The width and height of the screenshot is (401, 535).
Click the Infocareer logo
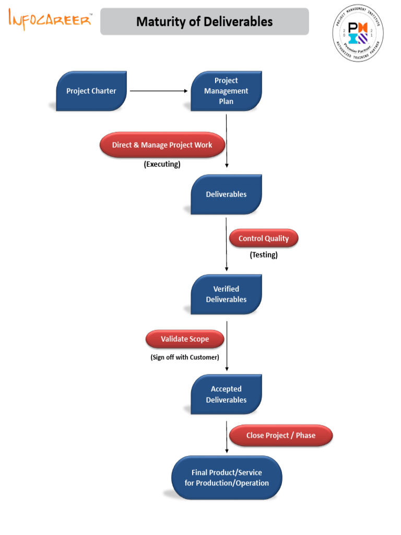pyautogui.click(x=50, y=20)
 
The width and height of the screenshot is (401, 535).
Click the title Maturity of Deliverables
pyautogui.click(x=204, y=21)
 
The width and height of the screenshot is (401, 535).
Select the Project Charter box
pyautogui.click(x=91, y=91)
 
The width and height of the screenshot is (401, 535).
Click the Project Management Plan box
pyautogui.click(x=226, y=91)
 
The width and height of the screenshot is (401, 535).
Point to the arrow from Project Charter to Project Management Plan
pyautogui.click(x=158, y=91)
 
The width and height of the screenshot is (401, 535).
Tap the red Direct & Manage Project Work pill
pyautogui.click(x=162, y=145)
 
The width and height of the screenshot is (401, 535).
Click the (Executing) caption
pyautogui.click(x=162, y=164)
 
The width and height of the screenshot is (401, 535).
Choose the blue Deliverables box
pyautogui.click(x=226, y=194)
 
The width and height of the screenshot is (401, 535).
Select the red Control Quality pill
pyautogui.click(x=264, y=239)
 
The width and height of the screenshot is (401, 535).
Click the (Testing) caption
pyautogui.click(x=264, y=255)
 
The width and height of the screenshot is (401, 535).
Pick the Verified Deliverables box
pyautogui.click(x=226, y=294)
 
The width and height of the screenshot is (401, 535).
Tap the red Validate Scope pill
pyautogui.click(x=185, y=339)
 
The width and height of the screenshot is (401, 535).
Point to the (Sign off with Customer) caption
pyautogui.click(x=181, y=357)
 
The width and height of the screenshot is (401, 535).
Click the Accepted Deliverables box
pyautogui.click(x=226, y=394)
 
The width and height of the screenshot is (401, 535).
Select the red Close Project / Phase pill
pyautogui.click(x=281, y=435)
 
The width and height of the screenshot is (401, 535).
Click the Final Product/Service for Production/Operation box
pyautogui.click(x=227, y=478)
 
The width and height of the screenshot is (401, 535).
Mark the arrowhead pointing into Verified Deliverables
pyautogui.click(x=227, y=269)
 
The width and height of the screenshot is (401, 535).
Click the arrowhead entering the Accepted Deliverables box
pyautogui.click(x=227, y=369)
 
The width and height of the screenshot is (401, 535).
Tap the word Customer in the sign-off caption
pyautogui.click(x=204, y=357)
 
